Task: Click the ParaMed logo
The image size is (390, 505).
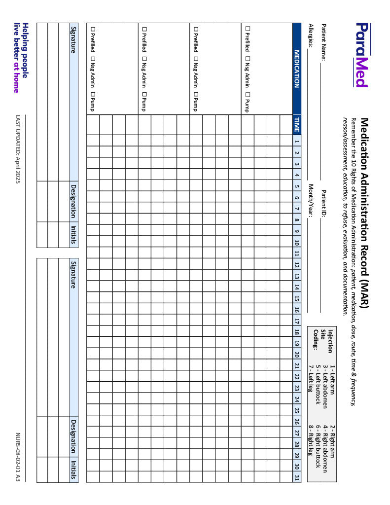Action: point(361,55)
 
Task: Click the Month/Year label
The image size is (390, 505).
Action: point(311,200)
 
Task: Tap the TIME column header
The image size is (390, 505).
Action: point(296,124)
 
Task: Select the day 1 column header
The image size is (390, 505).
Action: point(296,142)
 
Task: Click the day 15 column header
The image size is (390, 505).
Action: point(296,298)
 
